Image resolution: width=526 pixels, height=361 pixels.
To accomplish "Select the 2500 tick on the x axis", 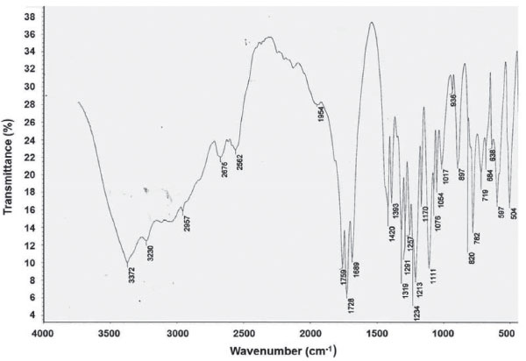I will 243,334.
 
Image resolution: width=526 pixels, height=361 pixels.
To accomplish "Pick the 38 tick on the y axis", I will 28,17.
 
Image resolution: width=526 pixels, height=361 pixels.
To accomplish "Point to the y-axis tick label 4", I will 31,315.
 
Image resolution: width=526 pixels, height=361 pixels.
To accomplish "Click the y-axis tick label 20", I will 28,174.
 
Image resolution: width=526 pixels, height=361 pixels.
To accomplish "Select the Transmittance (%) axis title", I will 9,166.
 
